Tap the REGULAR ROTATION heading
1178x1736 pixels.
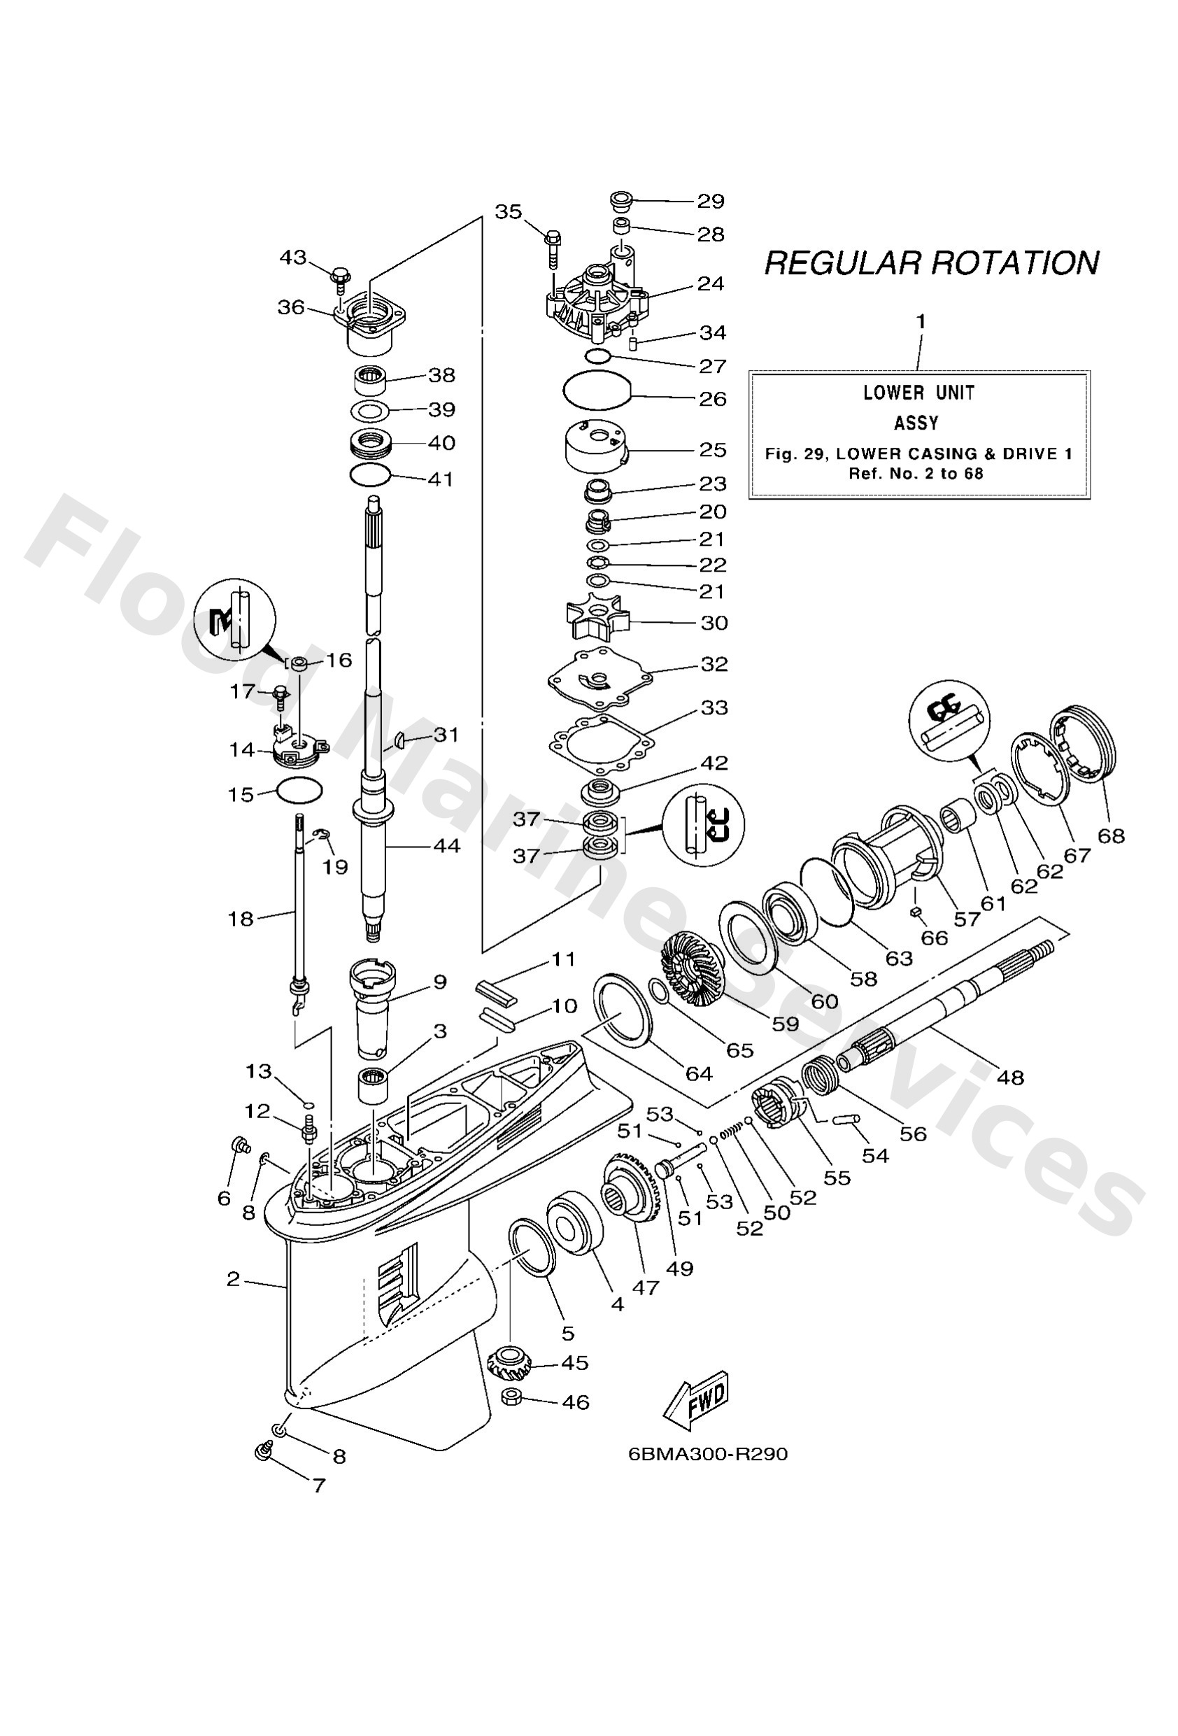coord(931,263)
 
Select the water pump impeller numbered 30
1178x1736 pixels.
coord(593,621)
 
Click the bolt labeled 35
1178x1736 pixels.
coord(553,246)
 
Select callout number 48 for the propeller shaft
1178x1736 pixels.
coord(1010,1077)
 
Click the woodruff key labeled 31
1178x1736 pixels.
coord(400,739)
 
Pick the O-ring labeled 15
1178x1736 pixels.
coord(299,789)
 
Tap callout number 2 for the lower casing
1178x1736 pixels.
coord(233,1280)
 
